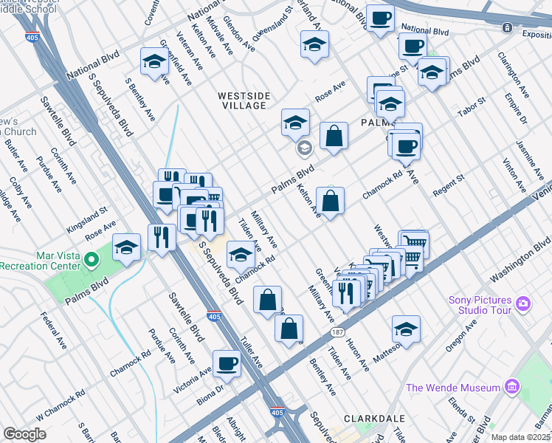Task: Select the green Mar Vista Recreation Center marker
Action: click(92, 259)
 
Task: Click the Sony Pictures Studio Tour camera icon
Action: click(523, 303)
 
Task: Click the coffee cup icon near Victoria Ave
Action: click(227, 363)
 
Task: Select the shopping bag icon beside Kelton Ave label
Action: click(331, 200)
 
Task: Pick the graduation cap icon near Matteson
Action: click(406, 329)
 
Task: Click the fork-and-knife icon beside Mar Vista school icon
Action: click(161, 236)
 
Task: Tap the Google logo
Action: click(24, 434)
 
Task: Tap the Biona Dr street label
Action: click(209, 385)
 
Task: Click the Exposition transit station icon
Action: click(507, 27)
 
